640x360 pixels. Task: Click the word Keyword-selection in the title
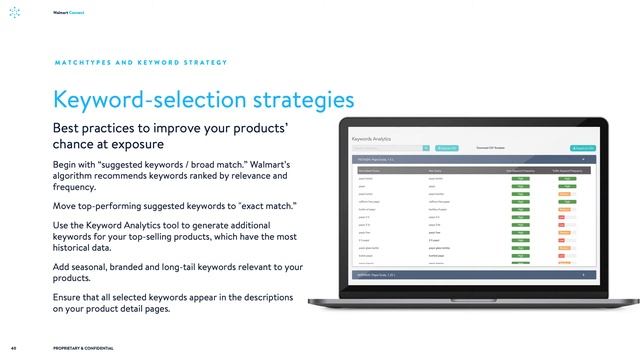coord(146,100)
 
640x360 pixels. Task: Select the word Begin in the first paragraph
coord(68,164)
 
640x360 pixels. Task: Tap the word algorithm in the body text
coord(77,176)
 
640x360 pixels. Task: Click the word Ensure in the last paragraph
coord(70,297)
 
